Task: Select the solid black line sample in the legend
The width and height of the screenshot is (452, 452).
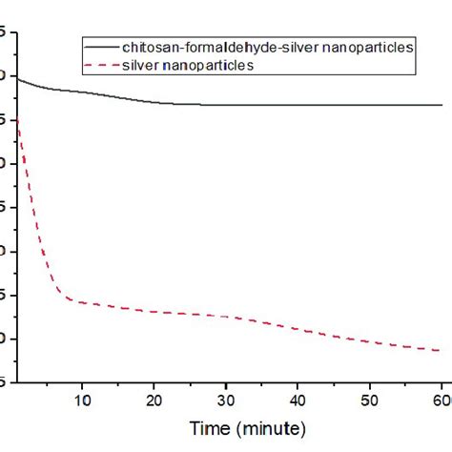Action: click(100, 46)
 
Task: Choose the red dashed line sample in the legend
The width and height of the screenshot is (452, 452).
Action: click(100, 65)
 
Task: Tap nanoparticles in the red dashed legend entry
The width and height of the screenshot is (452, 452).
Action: click(209, 65)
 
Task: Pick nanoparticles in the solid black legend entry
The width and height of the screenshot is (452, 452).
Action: click(365, 46)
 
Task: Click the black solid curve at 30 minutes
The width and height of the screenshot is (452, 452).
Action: click(226, 105)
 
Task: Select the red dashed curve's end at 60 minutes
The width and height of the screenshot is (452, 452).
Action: click(439, 350)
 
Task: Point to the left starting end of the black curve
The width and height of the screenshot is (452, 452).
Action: click(18, 79)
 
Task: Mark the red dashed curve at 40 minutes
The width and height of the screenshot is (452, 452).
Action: click(298, 329)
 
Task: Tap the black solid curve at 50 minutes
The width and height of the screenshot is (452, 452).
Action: click(369, 105)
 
